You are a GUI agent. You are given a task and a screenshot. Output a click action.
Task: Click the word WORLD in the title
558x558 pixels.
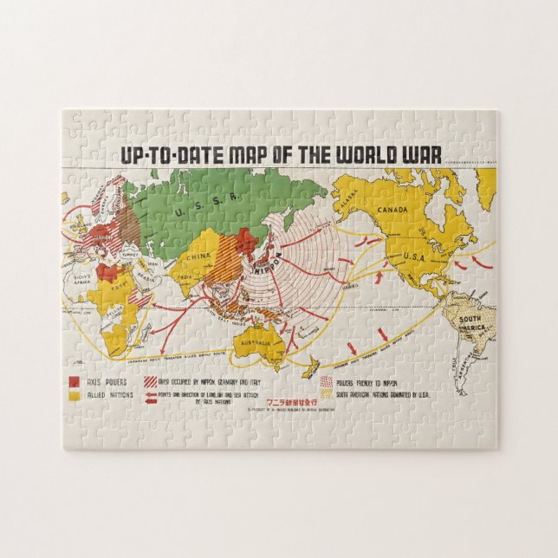coord(358,154)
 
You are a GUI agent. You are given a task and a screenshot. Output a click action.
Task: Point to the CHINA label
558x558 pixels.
coord(198,256)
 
